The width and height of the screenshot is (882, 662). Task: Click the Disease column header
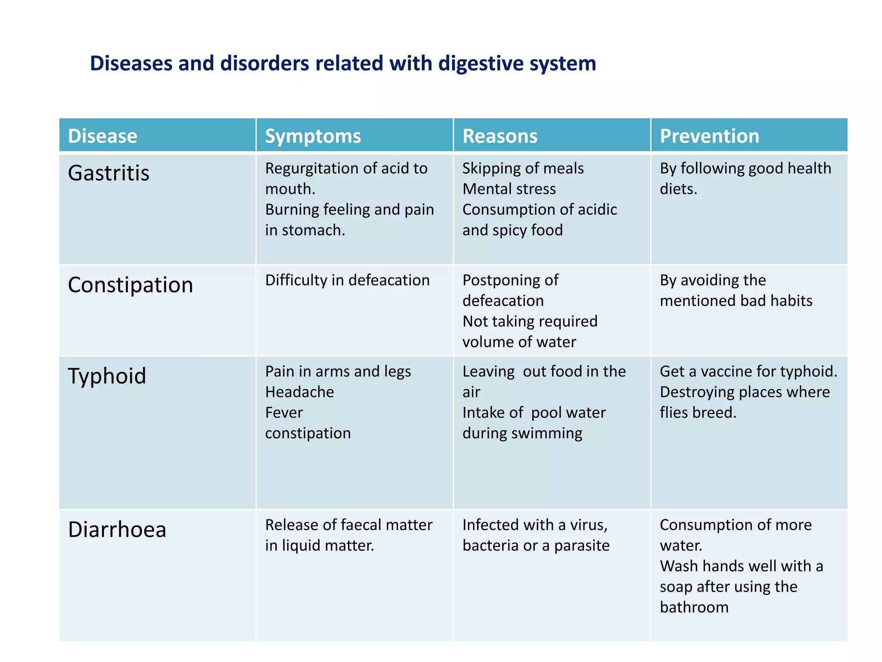[102, 136]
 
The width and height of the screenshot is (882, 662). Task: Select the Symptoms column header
[313, 136]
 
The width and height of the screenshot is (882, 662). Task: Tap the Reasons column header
[500, 136]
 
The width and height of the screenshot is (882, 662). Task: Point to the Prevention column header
[709, 136]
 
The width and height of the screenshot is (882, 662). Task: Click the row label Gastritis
[109, 173]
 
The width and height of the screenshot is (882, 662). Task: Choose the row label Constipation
[130, 285]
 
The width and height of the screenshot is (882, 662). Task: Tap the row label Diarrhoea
[117, 530]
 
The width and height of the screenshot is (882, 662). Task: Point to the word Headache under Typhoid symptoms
[299, 392]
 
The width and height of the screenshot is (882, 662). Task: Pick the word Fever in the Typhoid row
[284, 413]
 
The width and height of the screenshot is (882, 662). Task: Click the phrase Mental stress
[509, 189]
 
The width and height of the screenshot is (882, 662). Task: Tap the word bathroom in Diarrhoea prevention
[694, 608]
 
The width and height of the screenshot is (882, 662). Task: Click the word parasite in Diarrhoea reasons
[582, 546]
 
